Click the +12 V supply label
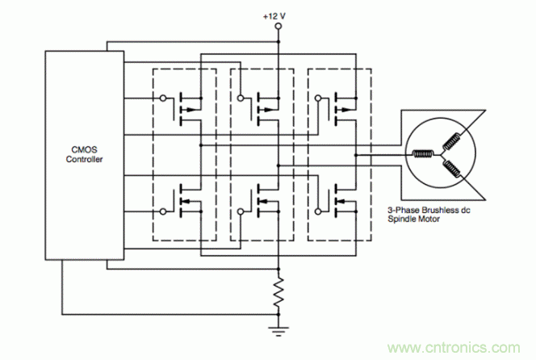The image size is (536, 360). (x=278, y=15)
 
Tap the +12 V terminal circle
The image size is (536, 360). (x=278, y=27)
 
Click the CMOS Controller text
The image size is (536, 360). (x=83, y=153)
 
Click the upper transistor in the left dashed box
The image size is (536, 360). (x=188, y=105)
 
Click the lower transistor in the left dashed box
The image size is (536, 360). (x=188, y=203)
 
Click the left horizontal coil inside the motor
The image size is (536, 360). (x=424, y=154)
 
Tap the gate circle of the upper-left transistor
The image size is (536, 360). (x=163, y=98)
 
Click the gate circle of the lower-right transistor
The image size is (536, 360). (x=316, y=212)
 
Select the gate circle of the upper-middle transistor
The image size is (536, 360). (x=240, y=98)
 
